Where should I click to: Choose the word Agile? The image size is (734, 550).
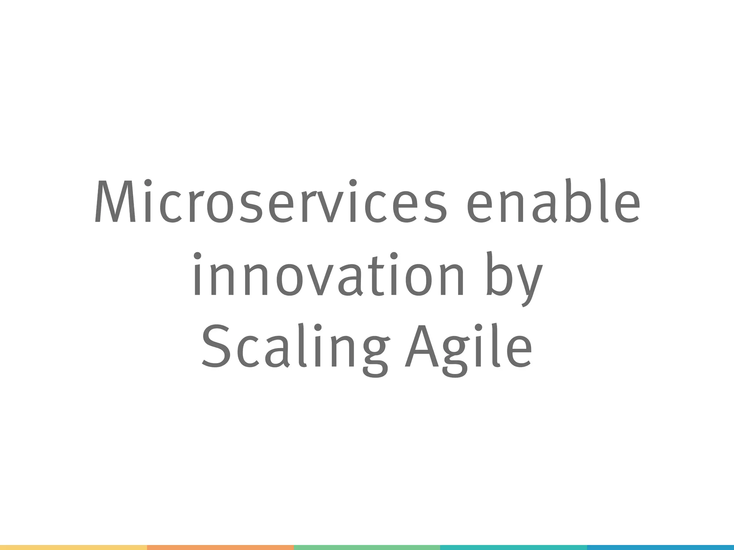468,347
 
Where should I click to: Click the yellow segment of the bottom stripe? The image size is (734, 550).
73,547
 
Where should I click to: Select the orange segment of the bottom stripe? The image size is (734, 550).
220,547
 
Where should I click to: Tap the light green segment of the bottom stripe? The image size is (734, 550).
367,547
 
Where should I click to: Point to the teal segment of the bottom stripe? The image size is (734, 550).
513,547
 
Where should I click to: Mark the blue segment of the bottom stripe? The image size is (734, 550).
661,547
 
